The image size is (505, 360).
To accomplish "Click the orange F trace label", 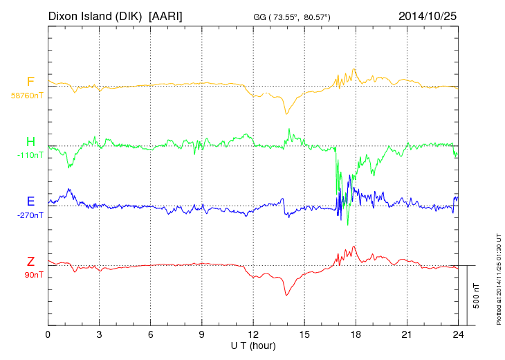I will pyautogui.click(x=30, y=82).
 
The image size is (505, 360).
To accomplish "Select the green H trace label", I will pyautogui.click(x=30, y=142).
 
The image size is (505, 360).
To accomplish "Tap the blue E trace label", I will pyautogui.click(x=30, y=201).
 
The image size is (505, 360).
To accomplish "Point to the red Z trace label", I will pyautogui.click(x=30, y=261).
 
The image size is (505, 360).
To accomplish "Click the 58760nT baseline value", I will pyautogui.click(x=26, y=96).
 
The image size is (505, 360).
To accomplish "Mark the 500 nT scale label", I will pyautogui.click(x=477, y=296).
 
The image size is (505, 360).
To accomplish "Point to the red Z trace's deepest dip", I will pyautogui.click(x=286, y=296).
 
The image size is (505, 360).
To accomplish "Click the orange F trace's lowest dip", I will pyautogui.click(x=286, y=114).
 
